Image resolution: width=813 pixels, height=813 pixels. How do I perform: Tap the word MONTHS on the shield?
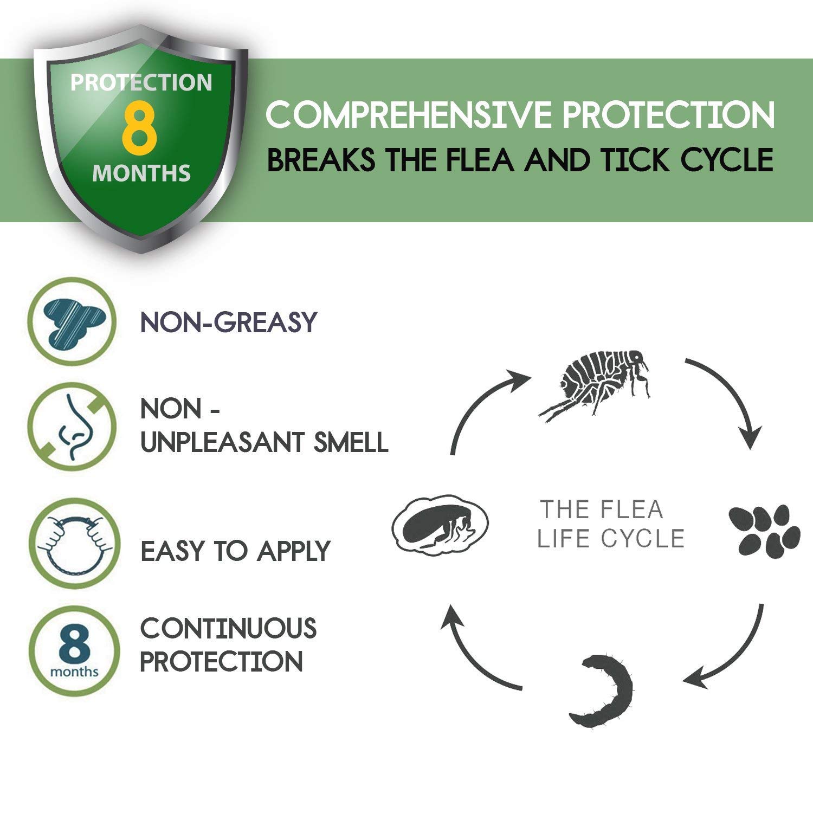tap(141, 173)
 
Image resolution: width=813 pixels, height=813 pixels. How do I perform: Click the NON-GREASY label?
tap(228, 322)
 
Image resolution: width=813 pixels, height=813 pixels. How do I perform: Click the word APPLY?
tap(293, 551)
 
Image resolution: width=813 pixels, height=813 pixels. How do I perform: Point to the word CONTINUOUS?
tap(228, 628)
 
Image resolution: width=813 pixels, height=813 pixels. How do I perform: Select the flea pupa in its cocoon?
tap(440, 525)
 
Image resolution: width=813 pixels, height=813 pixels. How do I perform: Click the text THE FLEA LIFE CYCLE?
tap(610, 524)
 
